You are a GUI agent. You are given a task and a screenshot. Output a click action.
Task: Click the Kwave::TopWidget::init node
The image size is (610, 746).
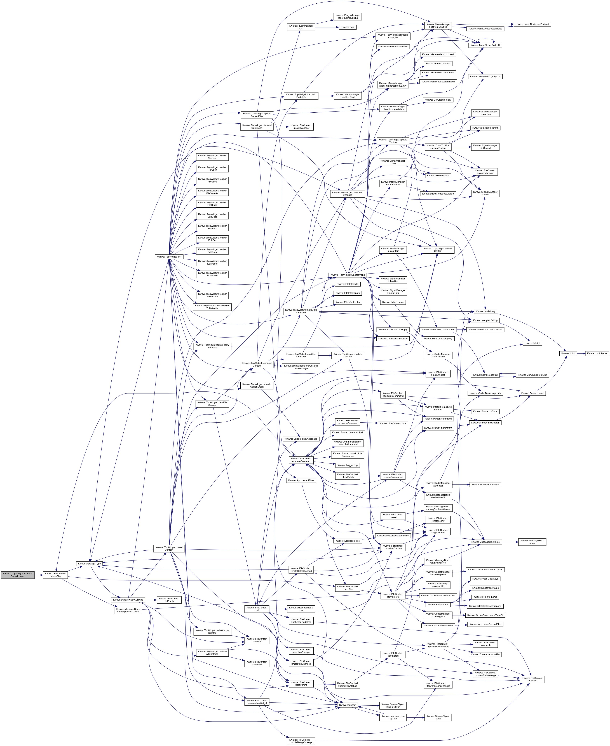pyautogui.click(x=169, y=257)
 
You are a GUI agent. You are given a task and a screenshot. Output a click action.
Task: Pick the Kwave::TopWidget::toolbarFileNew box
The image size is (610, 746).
pyautogui.click(x=212, y=157)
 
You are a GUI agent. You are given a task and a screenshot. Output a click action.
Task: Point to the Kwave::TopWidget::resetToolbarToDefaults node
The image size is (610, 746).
pyautogui.click(x=212, y=307)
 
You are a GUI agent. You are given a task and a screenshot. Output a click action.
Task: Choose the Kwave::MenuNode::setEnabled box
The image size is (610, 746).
pyautogui.click(x=532, y=24)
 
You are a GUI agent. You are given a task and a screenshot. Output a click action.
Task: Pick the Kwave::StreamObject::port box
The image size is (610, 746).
pyautogui.click(x=438, y=717)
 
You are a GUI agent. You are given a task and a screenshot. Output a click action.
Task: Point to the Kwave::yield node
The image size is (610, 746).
pyautogui.click(x=348, y=27)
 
